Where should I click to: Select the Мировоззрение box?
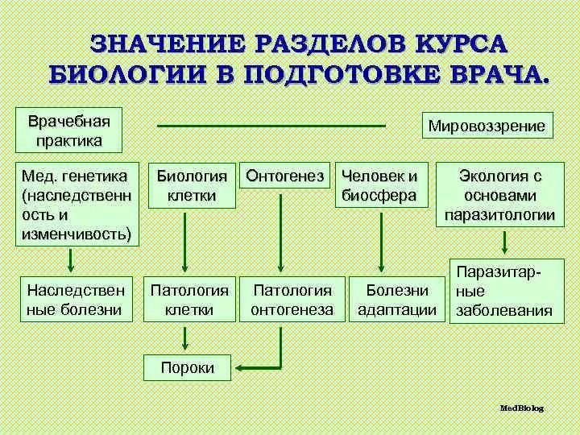click(487, 126)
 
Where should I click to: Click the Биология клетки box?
click(192, 184)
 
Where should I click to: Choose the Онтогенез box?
click(285, 174)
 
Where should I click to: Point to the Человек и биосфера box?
click(380, 184)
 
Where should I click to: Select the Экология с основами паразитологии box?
click(500, 195)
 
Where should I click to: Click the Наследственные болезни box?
click(75, 298)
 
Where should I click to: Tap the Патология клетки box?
click(190, 298)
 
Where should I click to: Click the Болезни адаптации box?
click(397, 298)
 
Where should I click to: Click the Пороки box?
click(188, 368)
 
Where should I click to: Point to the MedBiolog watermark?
click(521, 408)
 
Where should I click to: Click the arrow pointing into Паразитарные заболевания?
click(505, 242)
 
